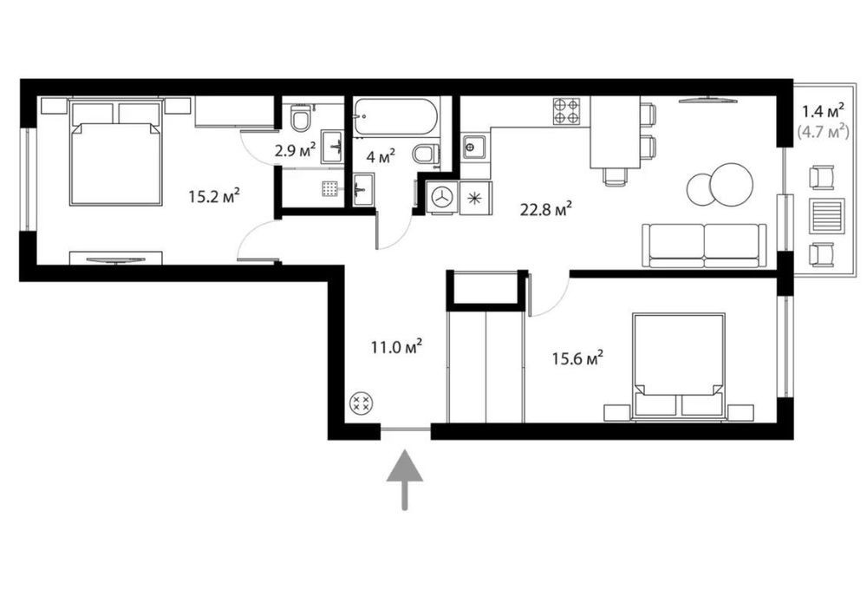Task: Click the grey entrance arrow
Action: click(405, 479)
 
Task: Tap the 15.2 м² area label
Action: click(214, 196)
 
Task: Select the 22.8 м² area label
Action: click(545, 210)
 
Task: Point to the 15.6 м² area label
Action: click(577, 359)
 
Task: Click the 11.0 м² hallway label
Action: click(397, 347)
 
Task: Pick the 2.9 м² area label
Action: click(296, 150)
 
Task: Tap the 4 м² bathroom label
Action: click(381, 156)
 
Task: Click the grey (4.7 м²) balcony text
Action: click(823, 132)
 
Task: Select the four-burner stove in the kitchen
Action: click(567, 111)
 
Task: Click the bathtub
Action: click(396, 117)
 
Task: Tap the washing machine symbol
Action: click(442, 197)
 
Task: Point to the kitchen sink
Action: click(474, 147)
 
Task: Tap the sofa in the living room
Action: click(704, 246)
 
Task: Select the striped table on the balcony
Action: click(826, 216)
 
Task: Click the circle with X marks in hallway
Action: click(362, 403)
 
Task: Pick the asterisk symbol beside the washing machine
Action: click(474, 198)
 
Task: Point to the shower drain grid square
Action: click(330, 188)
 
